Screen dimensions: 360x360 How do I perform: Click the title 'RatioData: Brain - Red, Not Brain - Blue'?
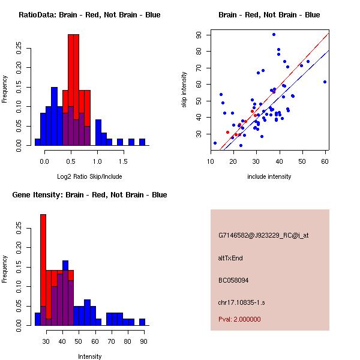click(89, 14)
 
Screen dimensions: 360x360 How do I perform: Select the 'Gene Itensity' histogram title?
click(89, 195)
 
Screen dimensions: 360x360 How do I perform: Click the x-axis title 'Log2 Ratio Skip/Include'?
click(89, 176)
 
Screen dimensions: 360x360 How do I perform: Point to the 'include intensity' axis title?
click(269, 176)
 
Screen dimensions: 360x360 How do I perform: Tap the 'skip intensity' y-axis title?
click(184, 90)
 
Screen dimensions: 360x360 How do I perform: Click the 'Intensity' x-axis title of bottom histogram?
click(89, 356)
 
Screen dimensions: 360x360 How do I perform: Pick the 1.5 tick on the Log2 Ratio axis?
click(122, 161)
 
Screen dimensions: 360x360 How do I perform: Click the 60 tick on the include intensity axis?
click(325, 161)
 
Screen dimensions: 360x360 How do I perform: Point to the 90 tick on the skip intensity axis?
click(199, 35)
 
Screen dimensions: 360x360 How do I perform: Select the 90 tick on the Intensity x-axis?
click(142, 341)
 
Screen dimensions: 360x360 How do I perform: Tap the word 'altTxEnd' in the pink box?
click(230, 258)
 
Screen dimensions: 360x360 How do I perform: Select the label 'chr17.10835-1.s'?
click(242, 302)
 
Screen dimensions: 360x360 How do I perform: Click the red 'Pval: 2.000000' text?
click(239, 319)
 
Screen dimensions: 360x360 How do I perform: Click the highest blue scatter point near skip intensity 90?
click(274, 35)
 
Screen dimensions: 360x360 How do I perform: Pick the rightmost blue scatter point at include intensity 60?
click(325, 82)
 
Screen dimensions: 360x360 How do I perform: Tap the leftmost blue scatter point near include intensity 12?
click(215, 143)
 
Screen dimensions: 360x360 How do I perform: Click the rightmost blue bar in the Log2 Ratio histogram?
click(142, 142)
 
